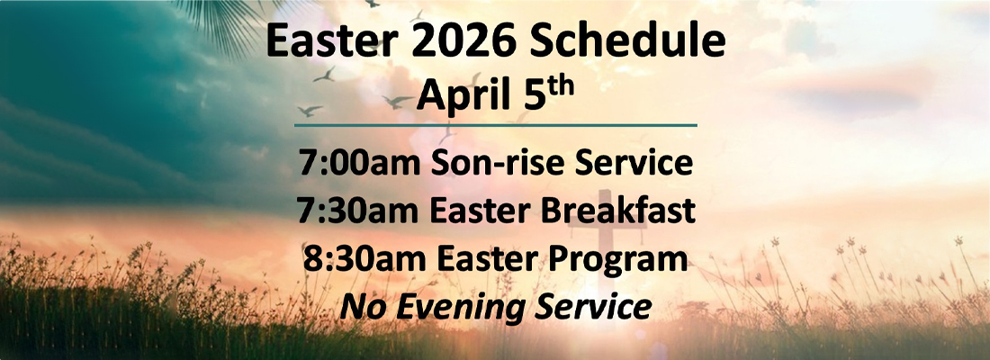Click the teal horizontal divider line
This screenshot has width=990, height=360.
click(x=495, y=124)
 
